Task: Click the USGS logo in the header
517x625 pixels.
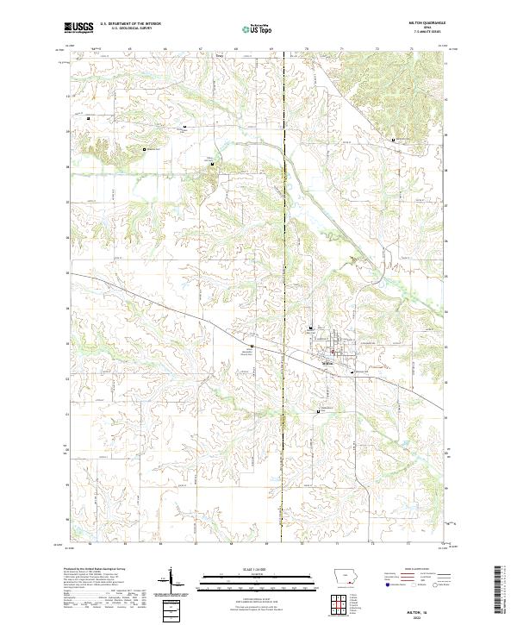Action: click(x=78, y=28)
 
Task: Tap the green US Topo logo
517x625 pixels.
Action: click(x=258, y=28)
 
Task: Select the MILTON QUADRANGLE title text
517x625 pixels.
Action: click(x=429, y=25)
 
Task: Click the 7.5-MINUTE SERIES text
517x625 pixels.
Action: click(x=429, y=35)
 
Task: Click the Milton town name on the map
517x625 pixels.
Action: click(x=327, y=364)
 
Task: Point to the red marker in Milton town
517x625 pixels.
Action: click(x=332, y=353)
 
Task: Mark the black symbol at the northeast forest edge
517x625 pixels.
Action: click(x=394, y=140)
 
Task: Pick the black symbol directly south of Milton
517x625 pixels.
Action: click(x=322, y=411)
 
